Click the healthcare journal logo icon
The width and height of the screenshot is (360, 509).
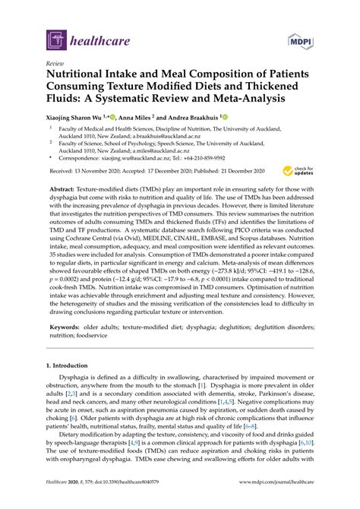coord(55,40)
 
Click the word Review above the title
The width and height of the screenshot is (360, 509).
coord(55,65)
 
